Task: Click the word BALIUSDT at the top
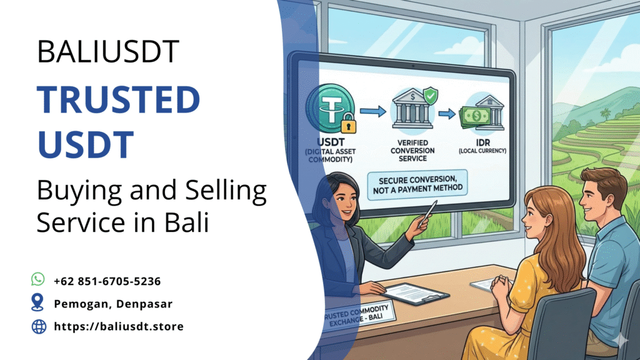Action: click(108, 52)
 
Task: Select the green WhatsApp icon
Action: click(38, 280)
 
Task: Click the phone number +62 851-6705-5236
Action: click(107, 281)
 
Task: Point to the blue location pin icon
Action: click(38, 303)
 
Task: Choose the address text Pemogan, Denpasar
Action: click(113, 304)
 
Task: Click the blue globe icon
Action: click(38, 326)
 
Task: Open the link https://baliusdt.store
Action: click(118, 326)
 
